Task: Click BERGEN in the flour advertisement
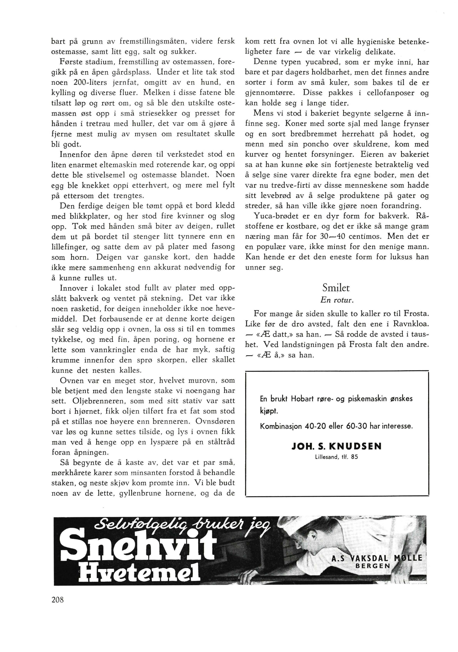373,565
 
